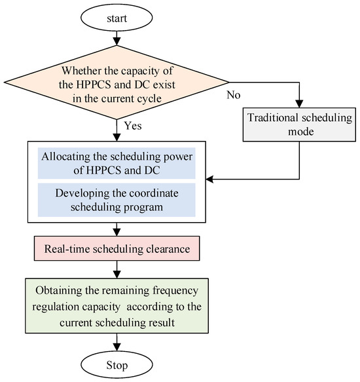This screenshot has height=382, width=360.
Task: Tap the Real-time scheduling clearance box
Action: (x=117, y=250)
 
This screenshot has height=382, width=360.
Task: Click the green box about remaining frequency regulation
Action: (x=117, y=305)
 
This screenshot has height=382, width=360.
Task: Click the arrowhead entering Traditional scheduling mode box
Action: (x=299, y=105)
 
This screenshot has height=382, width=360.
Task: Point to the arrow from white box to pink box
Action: (x=117, y=230)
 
